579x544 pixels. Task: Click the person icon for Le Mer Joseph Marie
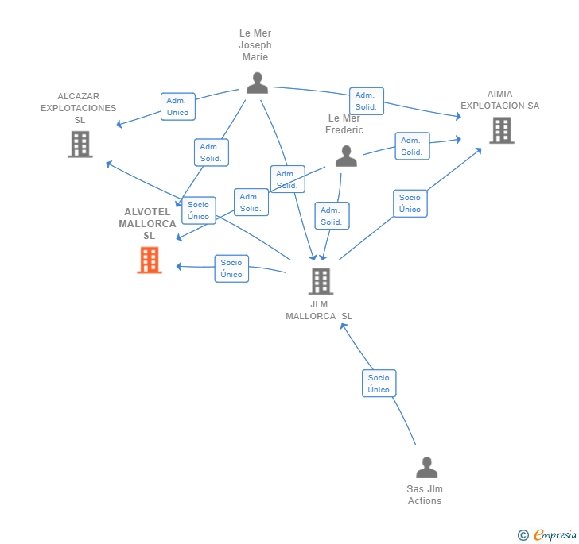257,83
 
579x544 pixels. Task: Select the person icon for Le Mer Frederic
346,156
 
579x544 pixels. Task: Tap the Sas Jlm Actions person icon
426,468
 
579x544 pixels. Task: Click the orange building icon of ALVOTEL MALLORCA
150,260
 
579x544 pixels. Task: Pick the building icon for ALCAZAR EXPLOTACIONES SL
80,144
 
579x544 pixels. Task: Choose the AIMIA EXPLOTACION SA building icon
501,130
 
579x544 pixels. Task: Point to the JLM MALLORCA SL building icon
320,280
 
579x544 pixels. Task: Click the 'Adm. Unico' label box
177,106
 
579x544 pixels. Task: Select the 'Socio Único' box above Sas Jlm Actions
379,384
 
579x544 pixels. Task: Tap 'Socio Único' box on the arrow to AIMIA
410,203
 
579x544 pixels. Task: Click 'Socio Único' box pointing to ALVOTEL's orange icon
231,268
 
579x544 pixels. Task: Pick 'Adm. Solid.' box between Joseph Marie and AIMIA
366,101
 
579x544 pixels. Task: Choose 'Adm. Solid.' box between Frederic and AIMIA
412,146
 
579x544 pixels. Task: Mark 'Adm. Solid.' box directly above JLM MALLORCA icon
332,216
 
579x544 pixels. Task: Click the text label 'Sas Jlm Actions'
425,495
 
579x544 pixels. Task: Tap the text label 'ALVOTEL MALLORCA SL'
148,223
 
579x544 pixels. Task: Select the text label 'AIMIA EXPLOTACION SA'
499,99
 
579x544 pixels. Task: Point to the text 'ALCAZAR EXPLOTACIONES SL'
78,108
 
